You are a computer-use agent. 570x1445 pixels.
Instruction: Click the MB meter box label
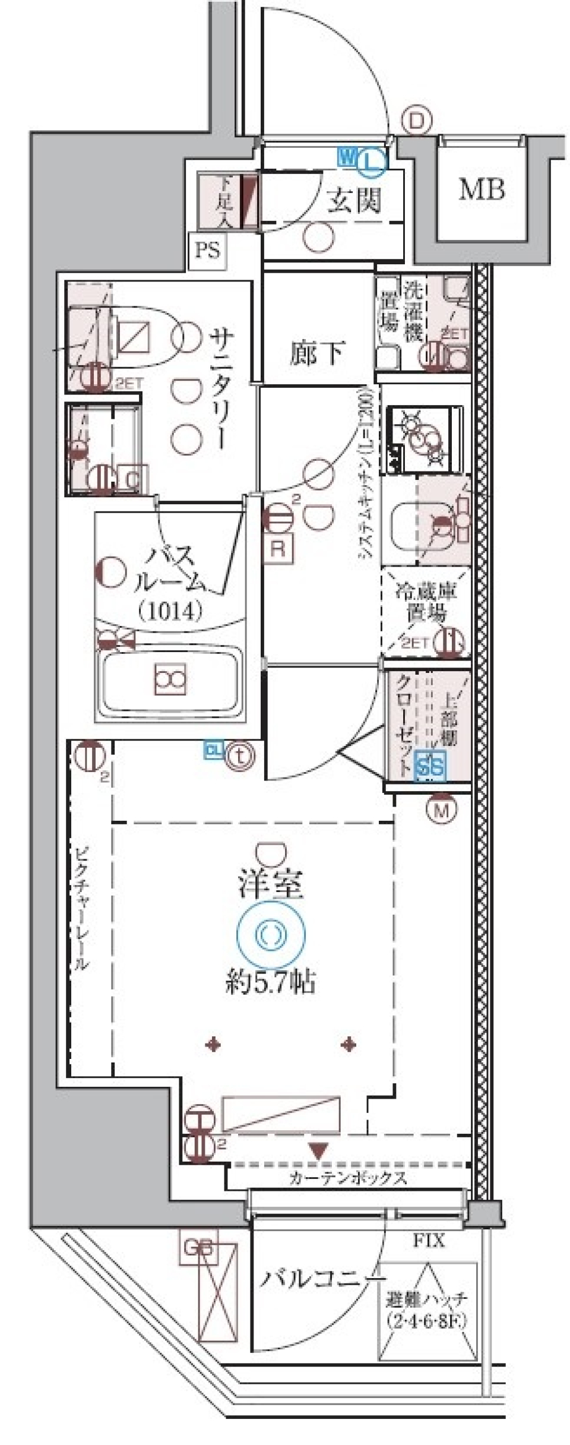click(x=482, y=190)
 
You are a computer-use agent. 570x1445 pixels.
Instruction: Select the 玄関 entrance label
click(x=354, y=202)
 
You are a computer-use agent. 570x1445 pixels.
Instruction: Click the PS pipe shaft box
click(x=208, y=250)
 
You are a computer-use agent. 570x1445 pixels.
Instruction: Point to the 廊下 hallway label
click(x=317, y=354)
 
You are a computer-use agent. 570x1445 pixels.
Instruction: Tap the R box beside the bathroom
click(x=278, y=548)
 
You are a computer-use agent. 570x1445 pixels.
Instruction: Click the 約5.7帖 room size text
click(x=270, y=984)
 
